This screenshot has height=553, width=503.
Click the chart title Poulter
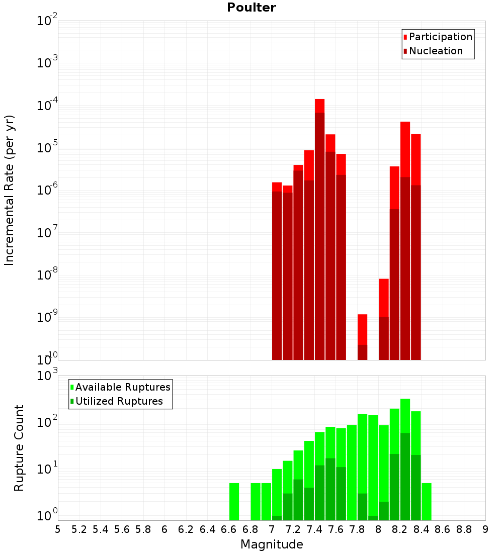click(x=251, y=8)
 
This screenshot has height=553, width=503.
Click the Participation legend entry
click(x=441, y=37)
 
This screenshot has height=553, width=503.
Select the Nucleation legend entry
click(x=436, y=51)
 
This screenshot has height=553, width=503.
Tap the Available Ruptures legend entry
click(x=123, y=387)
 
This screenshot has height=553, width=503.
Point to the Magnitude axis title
click(x=272, y=544)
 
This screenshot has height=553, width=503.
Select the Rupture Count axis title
click(x=19, y=447)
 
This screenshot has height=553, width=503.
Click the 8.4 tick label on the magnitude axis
click(x=422, y=529)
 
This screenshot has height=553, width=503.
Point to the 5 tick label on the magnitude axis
click(x=58, y=529)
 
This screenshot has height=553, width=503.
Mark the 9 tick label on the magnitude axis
click(x=485, y=529)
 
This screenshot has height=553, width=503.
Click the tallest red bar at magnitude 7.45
click(x=319, y=226)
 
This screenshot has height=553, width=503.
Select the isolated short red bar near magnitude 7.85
click(x=362, y=337)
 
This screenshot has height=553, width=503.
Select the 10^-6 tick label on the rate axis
click(x=47, y=190)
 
